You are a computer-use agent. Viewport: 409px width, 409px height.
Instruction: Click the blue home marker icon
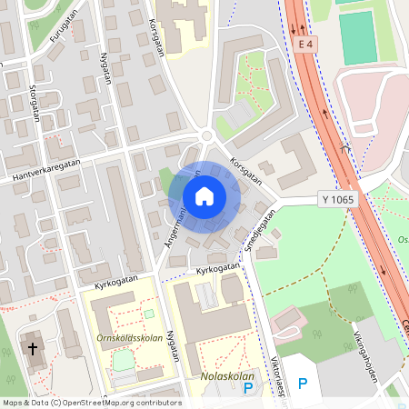204,196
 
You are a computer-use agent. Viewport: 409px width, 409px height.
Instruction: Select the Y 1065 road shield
338,198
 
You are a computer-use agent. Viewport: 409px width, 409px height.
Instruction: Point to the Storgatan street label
35,96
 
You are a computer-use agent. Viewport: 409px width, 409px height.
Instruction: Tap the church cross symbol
33,348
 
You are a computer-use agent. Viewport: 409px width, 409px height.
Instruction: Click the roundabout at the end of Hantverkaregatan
208,136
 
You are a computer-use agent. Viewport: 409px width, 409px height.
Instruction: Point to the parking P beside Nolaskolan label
248,388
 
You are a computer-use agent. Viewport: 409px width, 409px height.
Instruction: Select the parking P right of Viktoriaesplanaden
303,384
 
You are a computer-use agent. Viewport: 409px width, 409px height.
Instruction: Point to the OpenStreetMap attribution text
92,403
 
